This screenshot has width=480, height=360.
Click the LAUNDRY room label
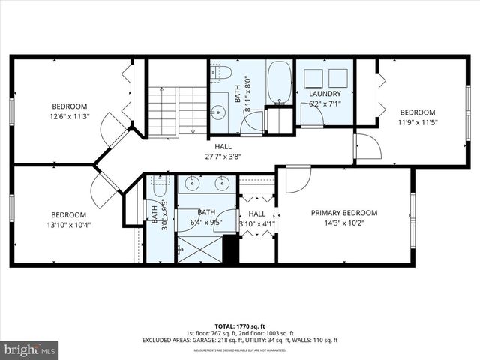325,94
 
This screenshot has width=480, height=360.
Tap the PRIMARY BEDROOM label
344,213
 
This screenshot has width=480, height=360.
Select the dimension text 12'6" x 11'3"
70,116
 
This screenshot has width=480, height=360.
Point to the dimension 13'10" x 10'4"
70,224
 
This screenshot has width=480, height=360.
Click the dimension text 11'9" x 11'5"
417,122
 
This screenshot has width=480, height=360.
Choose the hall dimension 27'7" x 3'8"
223,157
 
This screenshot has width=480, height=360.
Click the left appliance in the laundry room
312,78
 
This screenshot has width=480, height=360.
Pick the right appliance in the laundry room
338,78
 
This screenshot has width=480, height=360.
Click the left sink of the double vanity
193,182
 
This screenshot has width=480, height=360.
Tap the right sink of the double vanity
222,182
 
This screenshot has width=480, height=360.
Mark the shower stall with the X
199,248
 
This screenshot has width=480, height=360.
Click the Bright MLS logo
30,349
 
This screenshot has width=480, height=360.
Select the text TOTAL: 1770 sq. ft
239,326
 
